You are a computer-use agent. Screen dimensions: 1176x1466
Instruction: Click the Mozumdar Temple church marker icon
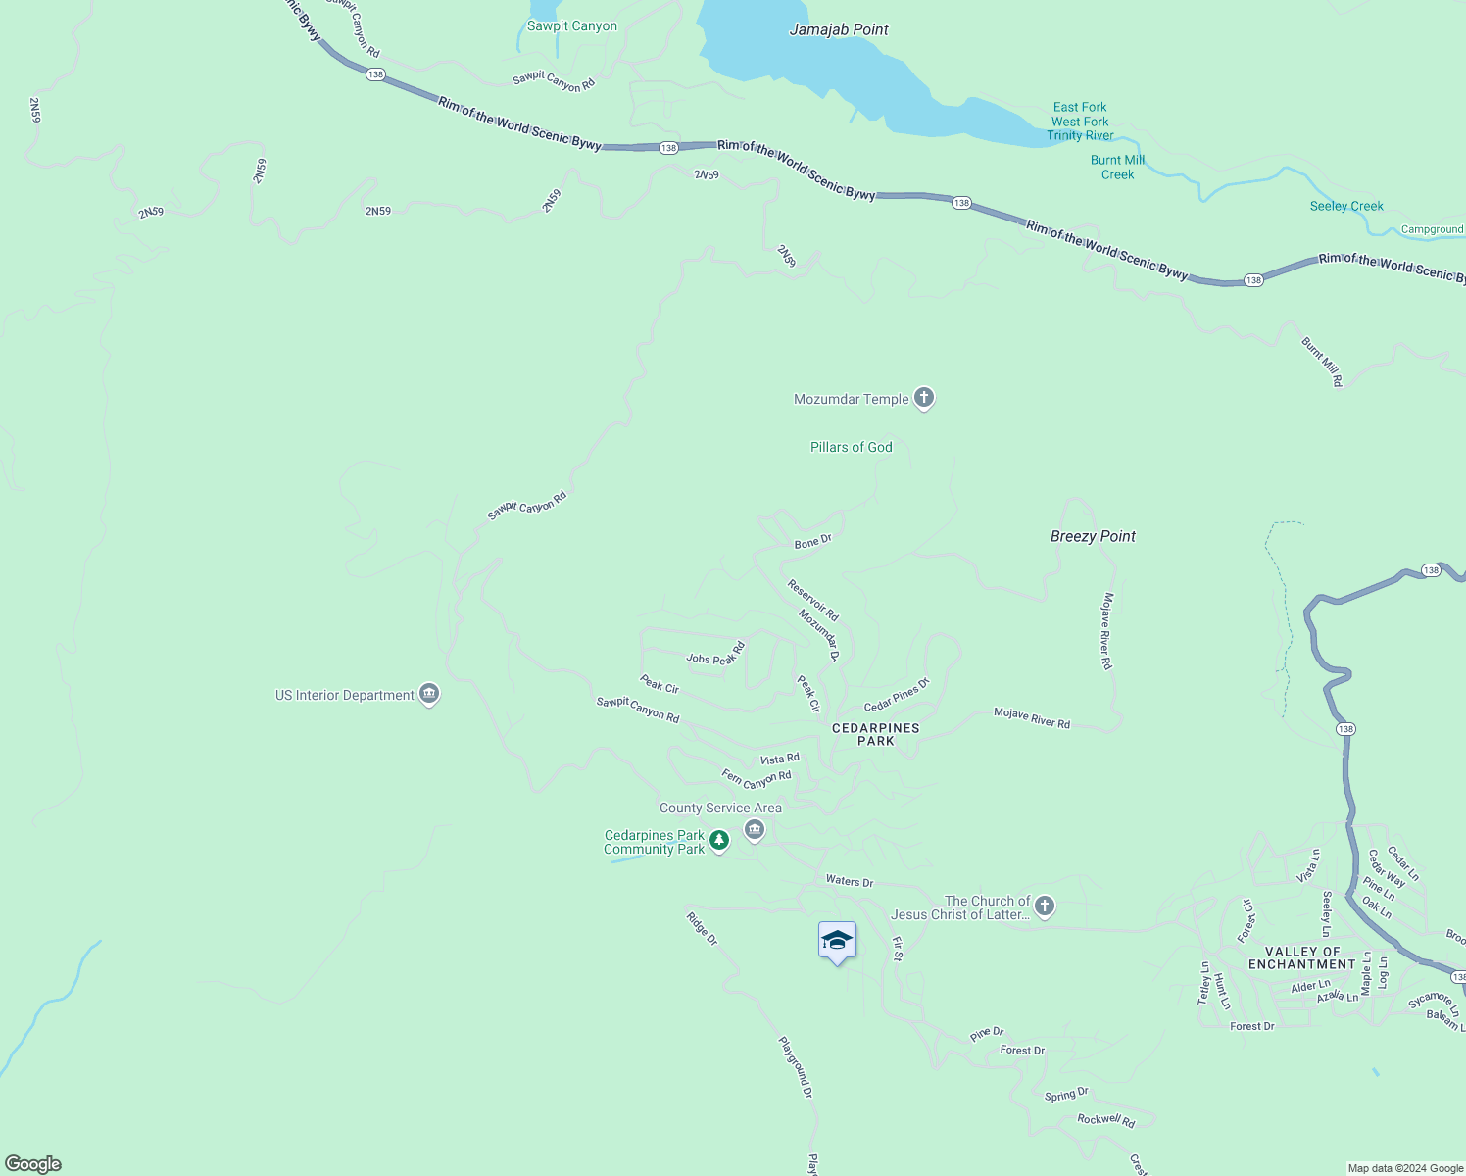pyautogui.click(x=923, y=398)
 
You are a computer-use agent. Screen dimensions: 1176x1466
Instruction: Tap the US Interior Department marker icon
pyautogui.click(x=428, y=694)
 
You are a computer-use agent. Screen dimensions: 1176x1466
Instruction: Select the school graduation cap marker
pyautogui.click(x=837, y=942)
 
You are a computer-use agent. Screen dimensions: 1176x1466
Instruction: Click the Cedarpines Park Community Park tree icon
pyautogui.click(x=719, y=840)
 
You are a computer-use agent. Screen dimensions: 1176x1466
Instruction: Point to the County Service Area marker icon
pyautogui.click(x=755, y=830)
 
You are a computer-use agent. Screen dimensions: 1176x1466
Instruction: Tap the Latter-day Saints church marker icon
pyautogui.click(x=1045, y=906)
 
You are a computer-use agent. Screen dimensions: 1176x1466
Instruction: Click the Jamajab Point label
pyautogui.click(x=839, y=29)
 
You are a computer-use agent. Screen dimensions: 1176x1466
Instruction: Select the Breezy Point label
pyautogui.click(x=1093, y=536)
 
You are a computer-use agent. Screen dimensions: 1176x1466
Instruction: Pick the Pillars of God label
pyautogui.click(x=851, y=447)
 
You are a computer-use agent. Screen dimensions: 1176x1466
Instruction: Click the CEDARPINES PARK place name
pyautogui.click(x=875, y=734)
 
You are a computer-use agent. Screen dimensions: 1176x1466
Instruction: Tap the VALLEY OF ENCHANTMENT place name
pyautogui.click(x=1301, y=957)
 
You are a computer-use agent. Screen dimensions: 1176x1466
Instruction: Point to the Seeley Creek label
pyautogui.click(x=1346, y=206)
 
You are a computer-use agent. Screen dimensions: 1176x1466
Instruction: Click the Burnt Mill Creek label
pyautogui.click(x=1117, y=167)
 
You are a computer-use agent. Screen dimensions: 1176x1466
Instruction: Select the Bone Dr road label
pyautogui.click(x=812, y=541)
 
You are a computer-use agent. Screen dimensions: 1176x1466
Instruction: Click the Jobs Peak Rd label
pyautogui.click(x=716, y=654)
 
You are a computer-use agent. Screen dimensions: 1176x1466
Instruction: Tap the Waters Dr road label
pyautogui.click(x=849, y=881)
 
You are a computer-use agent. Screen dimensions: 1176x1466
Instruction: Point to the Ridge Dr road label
pyautogui.click(x=702, y=928)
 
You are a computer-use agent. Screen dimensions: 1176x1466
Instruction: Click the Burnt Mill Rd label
pyautogui.click(x=1321, y=362)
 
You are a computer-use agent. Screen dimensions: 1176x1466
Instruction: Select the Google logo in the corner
pyautogui.click(x=33, y=1164)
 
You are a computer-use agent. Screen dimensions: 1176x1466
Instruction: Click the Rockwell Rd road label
pyautogui.click(x=1105, y=1119)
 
